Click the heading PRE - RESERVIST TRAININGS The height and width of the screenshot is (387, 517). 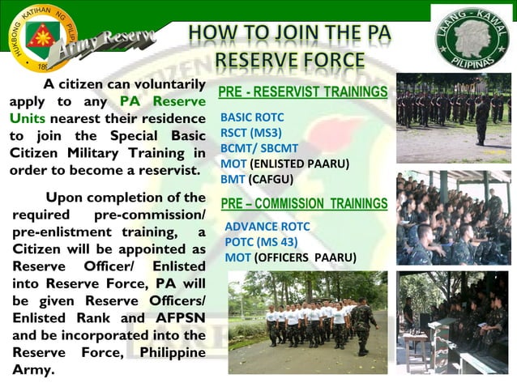[303, 92]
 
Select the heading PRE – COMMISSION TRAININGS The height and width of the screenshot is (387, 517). [304, 203]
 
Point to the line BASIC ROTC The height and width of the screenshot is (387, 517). [252, 117]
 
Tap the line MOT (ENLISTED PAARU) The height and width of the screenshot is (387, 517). [284, 164]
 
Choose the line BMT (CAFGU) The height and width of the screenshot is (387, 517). [256, 179]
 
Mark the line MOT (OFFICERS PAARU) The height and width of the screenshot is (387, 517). [290, 257]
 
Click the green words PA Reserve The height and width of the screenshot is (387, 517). [163, 101]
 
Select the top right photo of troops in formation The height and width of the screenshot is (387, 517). [453, 117]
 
